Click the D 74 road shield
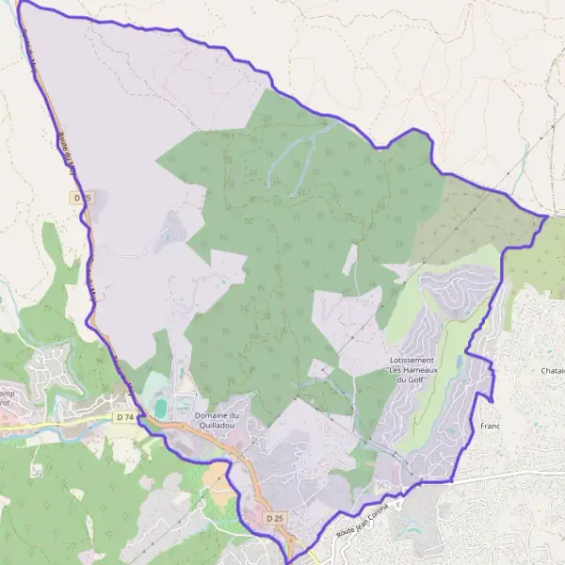123,416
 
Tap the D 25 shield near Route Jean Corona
275,518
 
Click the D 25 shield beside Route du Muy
81,198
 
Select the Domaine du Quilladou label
218,420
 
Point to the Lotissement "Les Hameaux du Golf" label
411,370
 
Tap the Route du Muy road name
66,151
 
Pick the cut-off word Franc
489,427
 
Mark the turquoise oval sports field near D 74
160,407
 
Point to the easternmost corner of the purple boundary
548,217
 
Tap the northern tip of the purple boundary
21,2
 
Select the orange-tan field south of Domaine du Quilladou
219,476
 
